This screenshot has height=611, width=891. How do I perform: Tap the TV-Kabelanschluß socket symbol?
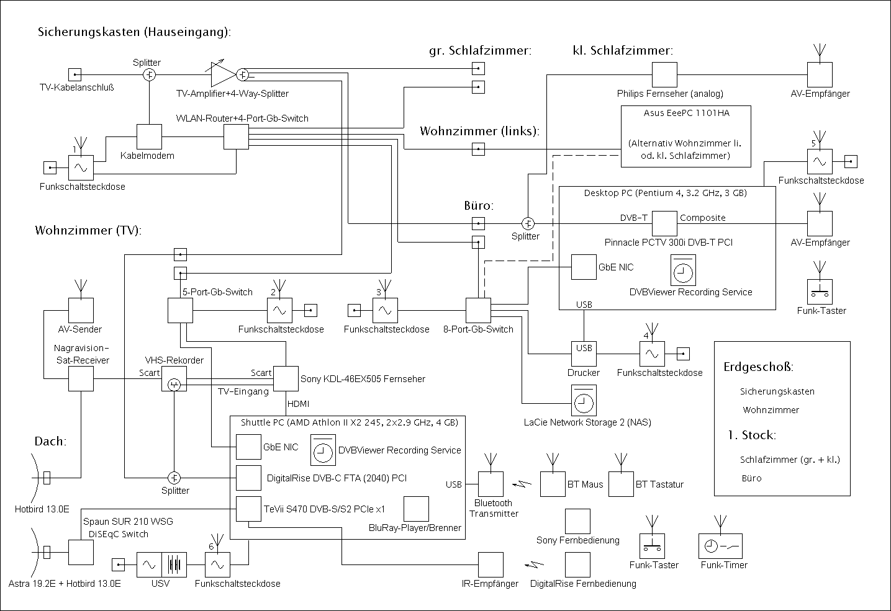pos(75,75)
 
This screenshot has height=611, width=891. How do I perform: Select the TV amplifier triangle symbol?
pos(222,74)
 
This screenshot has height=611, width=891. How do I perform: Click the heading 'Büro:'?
pos(479,205)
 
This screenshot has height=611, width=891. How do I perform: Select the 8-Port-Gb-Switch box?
pos(478,310)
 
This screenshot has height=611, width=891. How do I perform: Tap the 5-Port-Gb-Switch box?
pos(180,310)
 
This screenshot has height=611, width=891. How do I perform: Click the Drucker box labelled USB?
pos(584,354)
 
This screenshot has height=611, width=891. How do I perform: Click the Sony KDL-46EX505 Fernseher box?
pos(286,378)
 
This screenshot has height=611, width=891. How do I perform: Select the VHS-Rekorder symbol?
pos(174,379)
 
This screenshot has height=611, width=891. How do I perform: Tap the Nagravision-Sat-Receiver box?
pos(81,378)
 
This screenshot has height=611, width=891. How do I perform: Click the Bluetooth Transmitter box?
pos(491,484)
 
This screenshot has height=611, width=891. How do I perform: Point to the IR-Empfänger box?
pos(491,564)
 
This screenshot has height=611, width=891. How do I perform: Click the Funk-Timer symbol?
pos(720,546)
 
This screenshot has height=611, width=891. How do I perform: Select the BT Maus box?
pos(552,484)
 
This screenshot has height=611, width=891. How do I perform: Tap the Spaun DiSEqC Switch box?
pos(81,552)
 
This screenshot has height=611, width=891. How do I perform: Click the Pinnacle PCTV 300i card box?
pos(664,223)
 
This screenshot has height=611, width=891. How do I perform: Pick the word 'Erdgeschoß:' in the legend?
pos(758,367)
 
